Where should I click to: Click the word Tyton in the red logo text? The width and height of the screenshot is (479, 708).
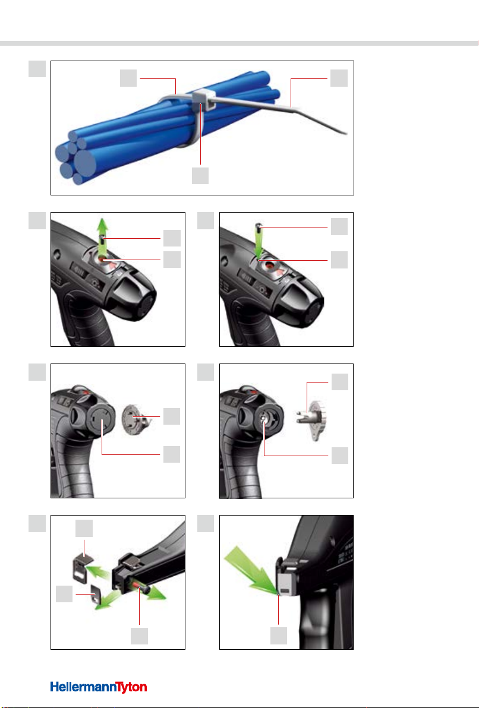pos(131,688)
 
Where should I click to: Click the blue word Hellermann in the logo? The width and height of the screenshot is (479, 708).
pos(83,687)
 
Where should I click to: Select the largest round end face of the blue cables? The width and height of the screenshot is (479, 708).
pos(86,162)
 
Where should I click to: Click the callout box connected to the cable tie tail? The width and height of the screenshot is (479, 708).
pos(339,78)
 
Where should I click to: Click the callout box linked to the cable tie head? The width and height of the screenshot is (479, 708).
pos(200,176)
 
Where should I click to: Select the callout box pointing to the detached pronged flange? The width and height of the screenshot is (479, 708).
pos(340,382)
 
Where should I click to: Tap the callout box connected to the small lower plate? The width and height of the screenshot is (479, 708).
pos(65,594)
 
